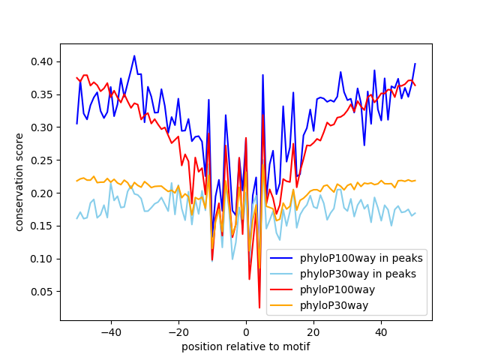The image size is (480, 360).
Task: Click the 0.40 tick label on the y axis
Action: (42, 61)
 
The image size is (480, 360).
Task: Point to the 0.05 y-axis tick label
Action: (42, 292)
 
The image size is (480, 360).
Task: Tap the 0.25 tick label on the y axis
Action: (42, 160)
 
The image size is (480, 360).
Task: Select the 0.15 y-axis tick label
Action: (42, 226)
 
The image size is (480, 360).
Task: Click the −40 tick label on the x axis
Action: (111, 331)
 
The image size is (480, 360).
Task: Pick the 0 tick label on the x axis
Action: (246, 331)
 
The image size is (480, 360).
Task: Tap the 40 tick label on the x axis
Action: (381, 331)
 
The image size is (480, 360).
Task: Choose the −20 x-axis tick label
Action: (178, 331)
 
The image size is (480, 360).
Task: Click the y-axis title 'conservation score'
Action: (19, 182)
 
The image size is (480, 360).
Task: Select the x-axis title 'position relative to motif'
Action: (246, 346)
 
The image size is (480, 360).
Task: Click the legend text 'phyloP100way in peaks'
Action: (361, 258)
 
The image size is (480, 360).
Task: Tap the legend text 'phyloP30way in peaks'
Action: (358, 274)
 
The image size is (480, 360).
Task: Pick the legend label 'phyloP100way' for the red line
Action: (337, 290)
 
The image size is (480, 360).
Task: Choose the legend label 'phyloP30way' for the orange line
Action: (334, 305)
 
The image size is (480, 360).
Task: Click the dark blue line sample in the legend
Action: (281, 258)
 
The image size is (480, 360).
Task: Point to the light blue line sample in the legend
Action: (281, 274)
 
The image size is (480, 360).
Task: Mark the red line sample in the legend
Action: (281, 289)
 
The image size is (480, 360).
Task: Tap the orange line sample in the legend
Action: (281, 305)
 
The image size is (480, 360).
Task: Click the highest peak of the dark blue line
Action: (134, 55)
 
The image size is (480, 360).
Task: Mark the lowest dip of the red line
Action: (259, 307)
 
